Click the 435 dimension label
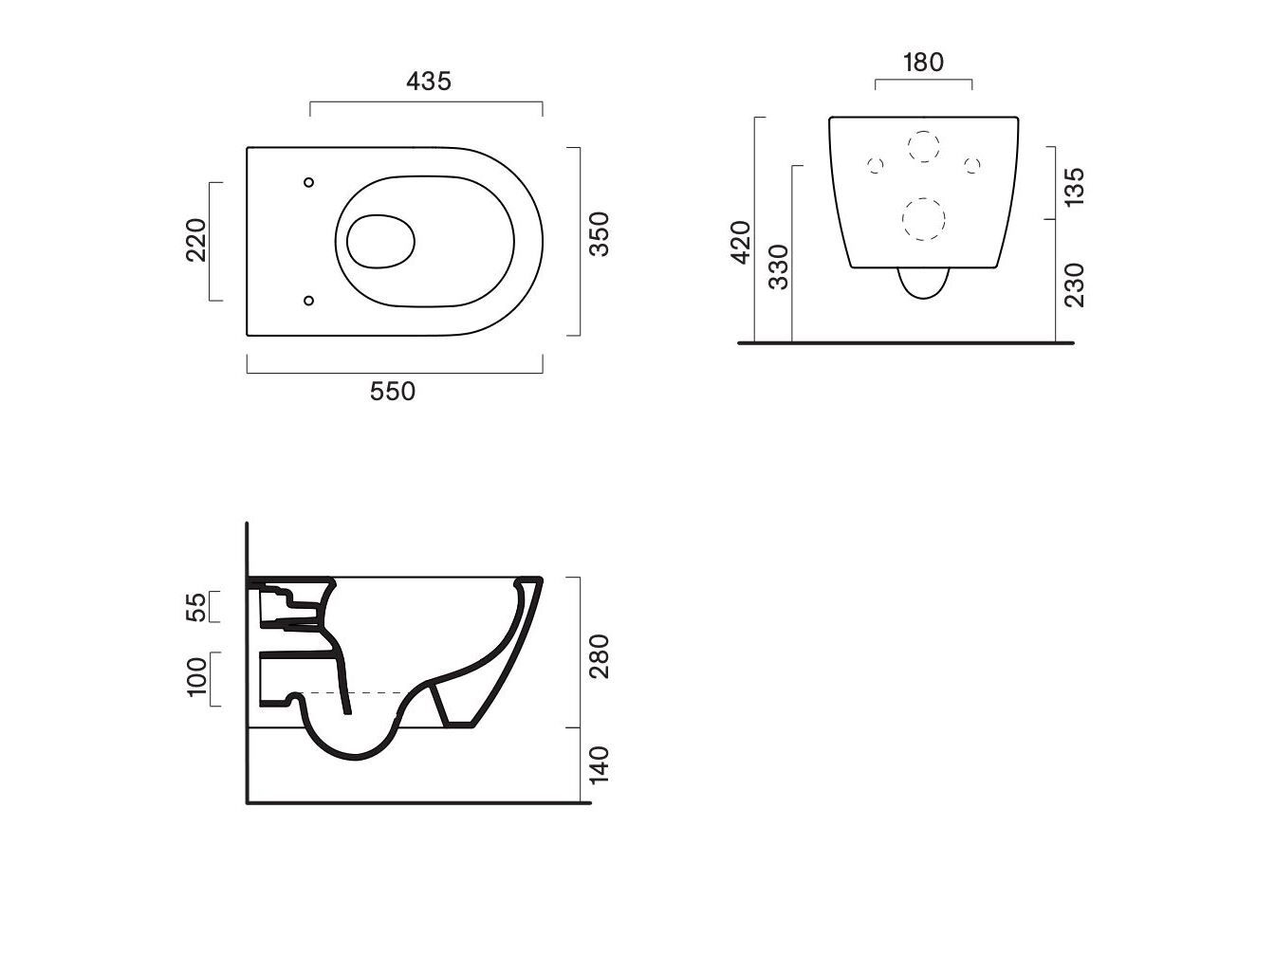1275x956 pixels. coord(428,82)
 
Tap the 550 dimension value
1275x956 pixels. coord(393,392)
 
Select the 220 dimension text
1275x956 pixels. coord(195,240)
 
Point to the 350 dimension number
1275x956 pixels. coord(599,234)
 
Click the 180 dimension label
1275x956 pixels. coord(924,62)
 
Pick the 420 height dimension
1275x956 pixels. coord(741,242)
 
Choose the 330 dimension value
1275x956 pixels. coord(778,267)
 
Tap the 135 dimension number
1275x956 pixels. coord(1074,186)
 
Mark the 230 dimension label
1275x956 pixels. coord(1074,285)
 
